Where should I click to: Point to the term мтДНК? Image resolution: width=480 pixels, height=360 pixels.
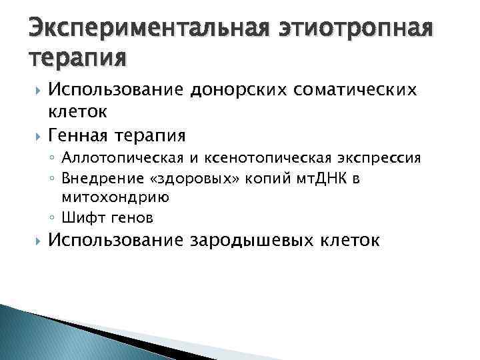pos(313,178)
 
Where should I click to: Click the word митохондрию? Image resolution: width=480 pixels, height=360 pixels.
pos(115,197)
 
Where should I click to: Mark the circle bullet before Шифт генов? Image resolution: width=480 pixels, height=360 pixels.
pos(55,217)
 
